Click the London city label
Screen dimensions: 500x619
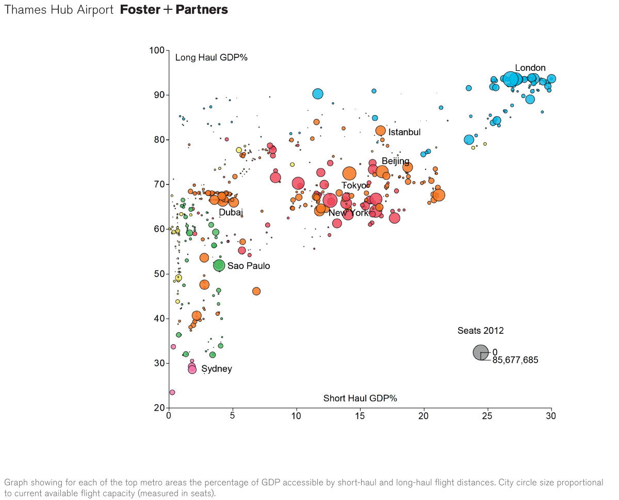click(x=530, y=68)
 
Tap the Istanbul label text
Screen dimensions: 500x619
click(x=404, y=133)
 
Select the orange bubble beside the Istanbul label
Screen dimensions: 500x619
click(x=381, y=131)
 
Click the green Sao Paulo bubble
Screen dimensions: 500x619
click(x=219, y=265)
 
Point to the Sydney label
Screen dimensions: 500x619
click(x=216, y=369)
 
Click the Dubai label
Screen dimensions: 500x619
click(x=231, y=213)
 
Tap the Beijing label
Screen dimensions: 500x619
click(x=395, y=162)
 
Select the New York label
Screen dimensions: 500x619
click(x=349, y=213)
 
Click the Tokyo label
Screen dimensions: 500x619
click(x=354, y=186)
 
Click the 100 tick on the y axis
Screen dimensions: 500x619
click(x=157, y=51)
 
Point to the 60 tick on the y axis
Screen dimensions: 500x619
click(x=159, y=229)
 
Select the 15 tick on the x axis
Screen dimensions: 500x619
click(x=360, y=416)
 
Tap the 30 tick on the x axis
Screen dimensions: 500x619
click(x=551, y=416)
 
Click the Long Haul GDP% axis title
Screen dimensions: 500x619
click(x=211, y=58)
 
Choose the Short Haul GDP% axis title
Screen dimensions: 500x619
click(x=360, y=398)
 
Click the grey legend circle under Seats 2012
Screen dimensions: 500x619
click(x=480, y=352)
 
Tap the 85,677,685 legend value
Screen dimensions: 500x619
click(x=515, y=361)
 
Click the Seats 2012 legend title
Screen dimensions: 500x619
click(x=480, y=331)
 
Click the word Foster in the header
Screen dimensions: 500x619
click(x=140, y=10)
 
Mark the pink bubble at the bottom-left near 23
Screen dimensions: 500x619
click(x=172, y=392)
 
